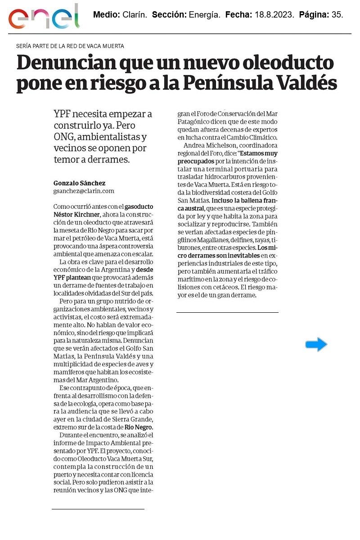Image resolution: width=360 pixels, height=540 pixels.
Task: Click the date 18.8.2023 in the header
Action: (x=269, y=15)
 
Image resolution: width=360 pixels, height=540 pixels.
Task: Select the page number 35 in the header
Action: (x=337, y=15)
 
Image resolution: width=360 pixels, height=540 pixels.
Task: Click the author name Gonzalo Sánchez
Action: (x=79, y=183)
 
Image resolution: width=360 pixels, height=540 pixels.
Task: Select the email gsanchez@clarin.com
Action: (x=84, y=191)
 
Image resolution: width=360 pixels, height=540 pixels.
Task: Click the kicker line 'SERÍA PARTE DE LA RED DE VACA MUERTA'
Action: (x=70, y=46)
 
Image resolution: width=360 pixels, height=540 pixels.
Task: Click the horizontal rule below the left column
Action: (x=98, y=509)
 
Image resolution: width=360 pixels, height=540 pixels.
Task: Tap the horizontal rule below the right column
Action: (x=227, y=312)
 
